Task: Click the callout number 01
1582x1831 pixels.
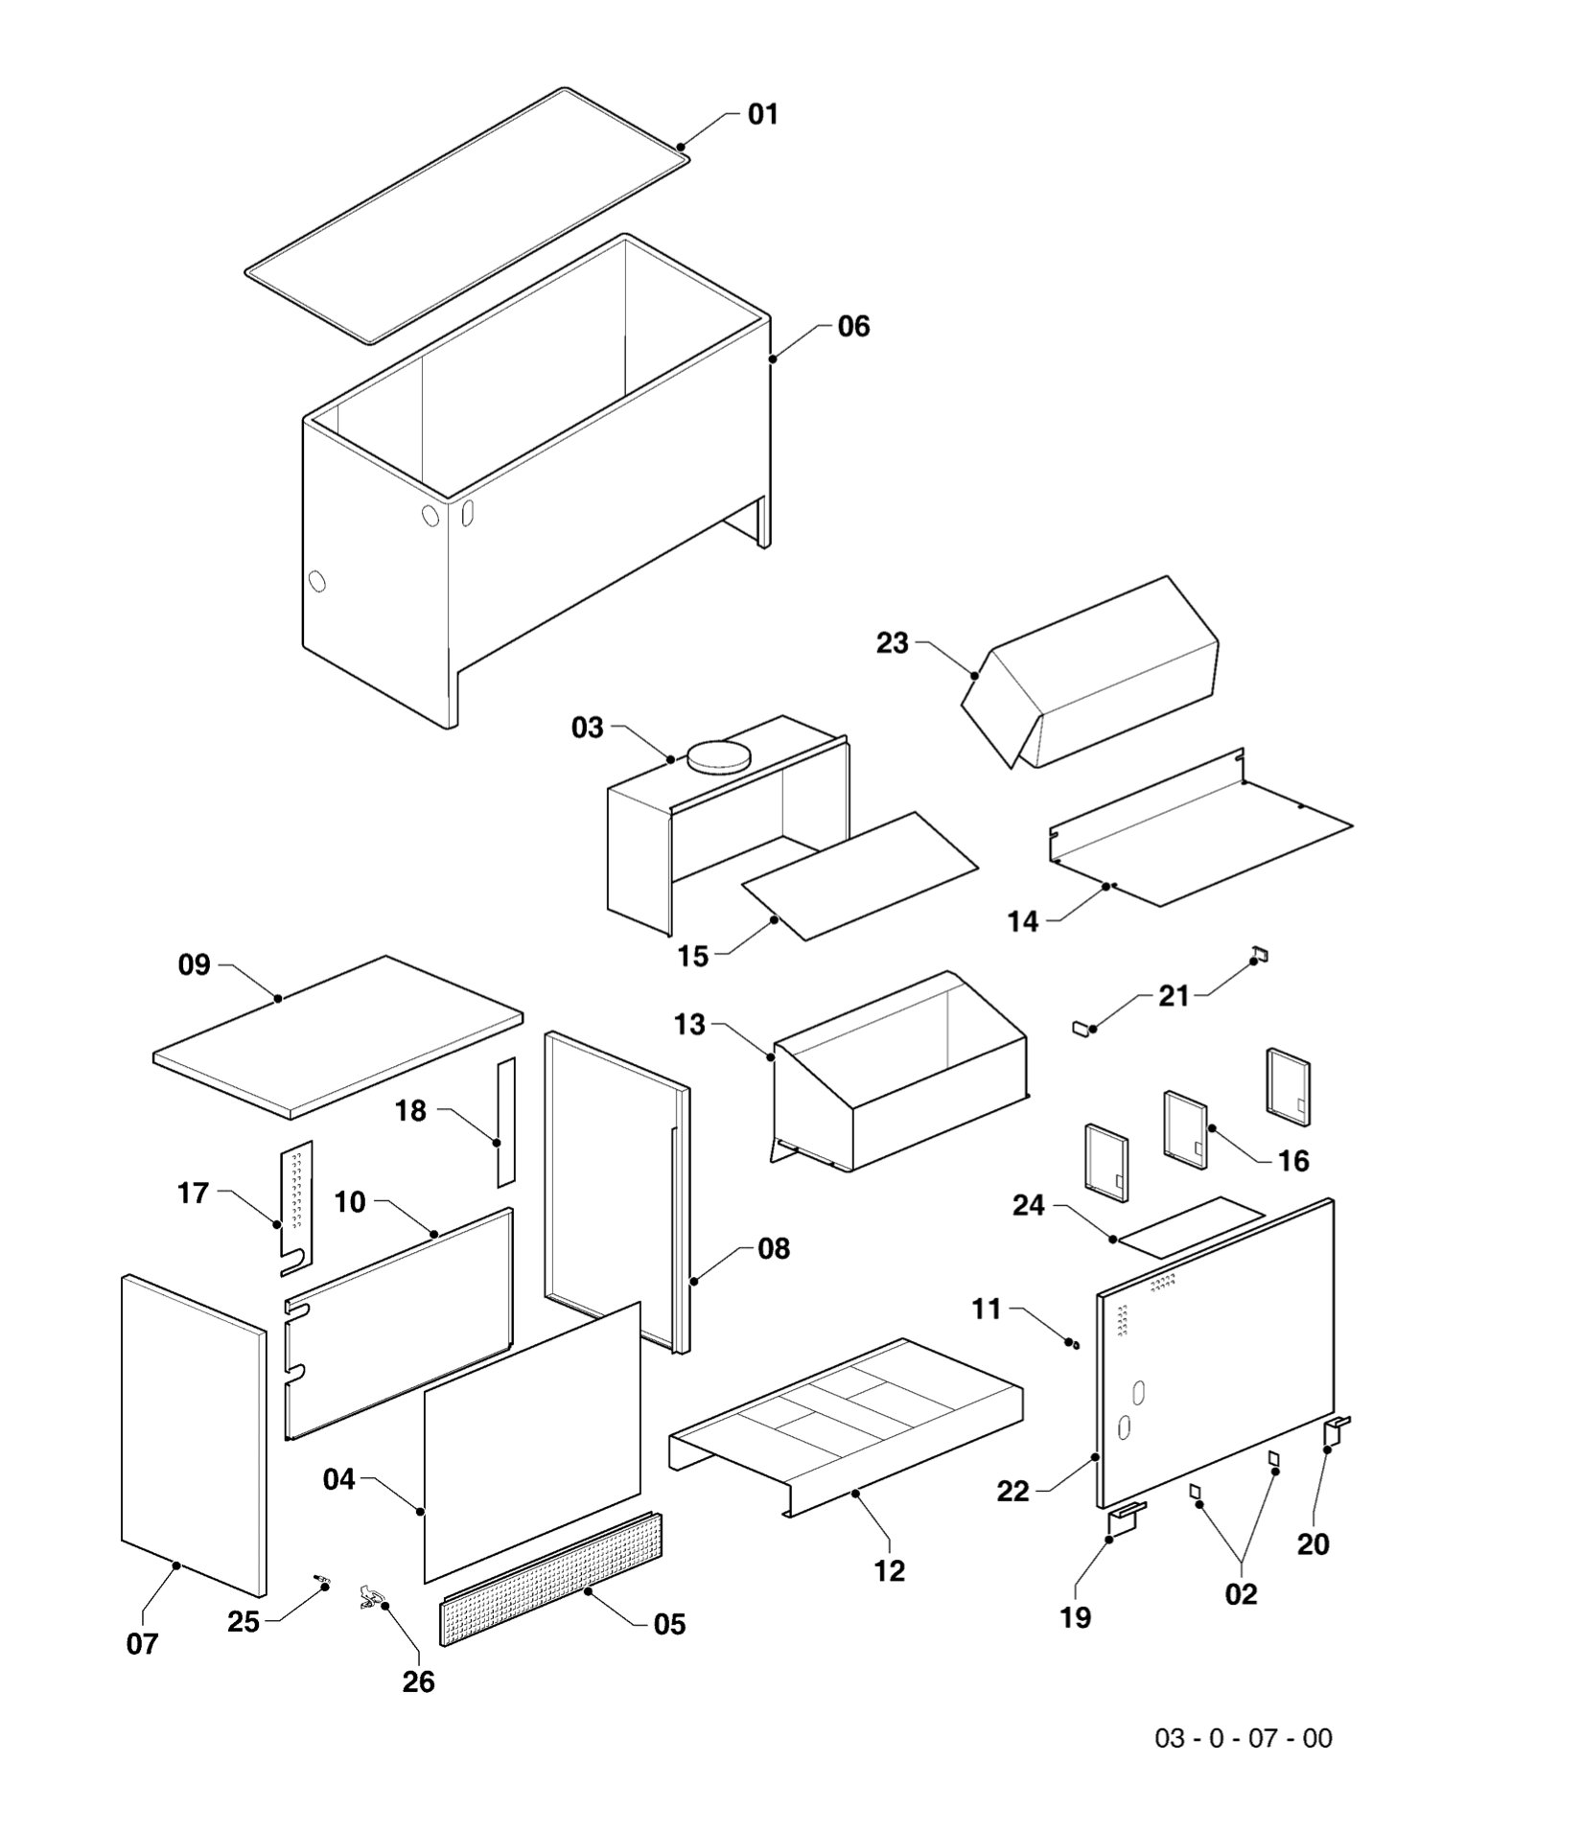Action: (x=763, y=115)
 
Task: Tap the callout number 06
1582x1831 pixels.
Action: (x=853, y=327)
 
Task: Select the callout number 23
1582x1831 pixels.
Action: (x=892, y=643)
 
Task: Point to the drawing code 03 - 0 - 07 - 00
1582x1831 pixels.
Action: (x=1243, y=1738)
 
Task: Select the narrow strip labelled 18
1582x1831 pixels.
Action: (x=506, y=1121)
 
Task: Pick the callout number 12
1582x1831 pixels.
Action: (x=889, y=1571)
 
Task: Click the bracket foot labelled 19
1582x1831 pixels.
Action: (x=1126, y=1518)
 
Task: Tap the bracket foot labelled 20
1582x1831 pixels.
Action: (x=1336, y=1431)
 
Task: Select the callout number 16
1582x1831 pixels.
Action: (x=1293, y=1162)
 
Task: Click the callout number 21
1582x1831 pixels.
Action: (x=1174, y=997)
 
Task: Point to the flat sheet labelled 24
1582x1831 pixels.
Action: (x=1192, y=1227)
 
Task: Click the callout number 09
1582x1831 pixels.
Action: (x=195, y=965)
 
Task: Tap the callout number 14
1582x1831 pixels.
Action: (x=1023, y=921)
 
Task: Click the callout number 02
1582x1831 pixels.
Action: (x=1241, y=1594)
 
